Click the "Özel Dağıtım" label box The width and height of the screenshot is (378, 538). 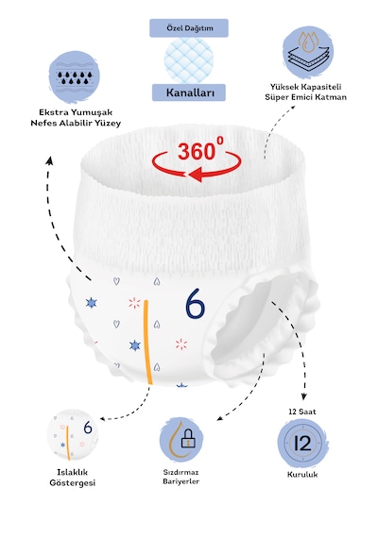coord(189,28)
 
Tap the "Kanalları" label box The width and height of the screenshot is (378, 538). coord(189,92)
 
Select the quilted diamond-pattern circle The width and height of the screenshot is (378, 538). coord(189,60)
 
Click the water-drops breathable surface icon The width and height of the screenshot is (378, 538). coord(75,77)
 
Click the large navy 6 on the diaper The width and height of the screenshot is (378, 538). coord(195,303)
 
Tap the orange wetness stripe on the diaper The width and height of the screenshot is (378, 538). coord(147,342)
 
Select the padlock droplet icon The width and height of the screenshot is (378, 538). coord(181,440)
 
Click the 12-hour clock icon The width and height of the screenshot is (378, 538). coord(302,443)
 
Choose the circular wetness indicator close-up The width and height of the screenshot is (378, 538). coord(73,434)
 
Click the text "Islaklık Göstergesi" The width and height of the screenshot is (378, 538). coord(72,478)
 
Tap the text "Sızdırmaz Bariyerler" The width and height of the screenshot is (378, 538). coord(181,477)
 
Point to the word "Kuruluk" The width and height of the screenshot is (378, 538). coord(302,475)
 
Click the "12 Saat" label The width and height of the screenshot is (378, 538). coord(302,412)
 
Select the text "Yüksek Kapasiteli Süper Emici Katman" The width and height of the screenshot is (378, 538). coord(305,92)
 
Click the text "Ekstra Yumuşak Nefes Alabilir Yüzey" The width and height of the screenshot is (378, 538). coord(76,118)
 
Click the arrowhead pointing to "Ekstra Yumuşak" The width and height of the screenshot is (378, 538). coord(50,160)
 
